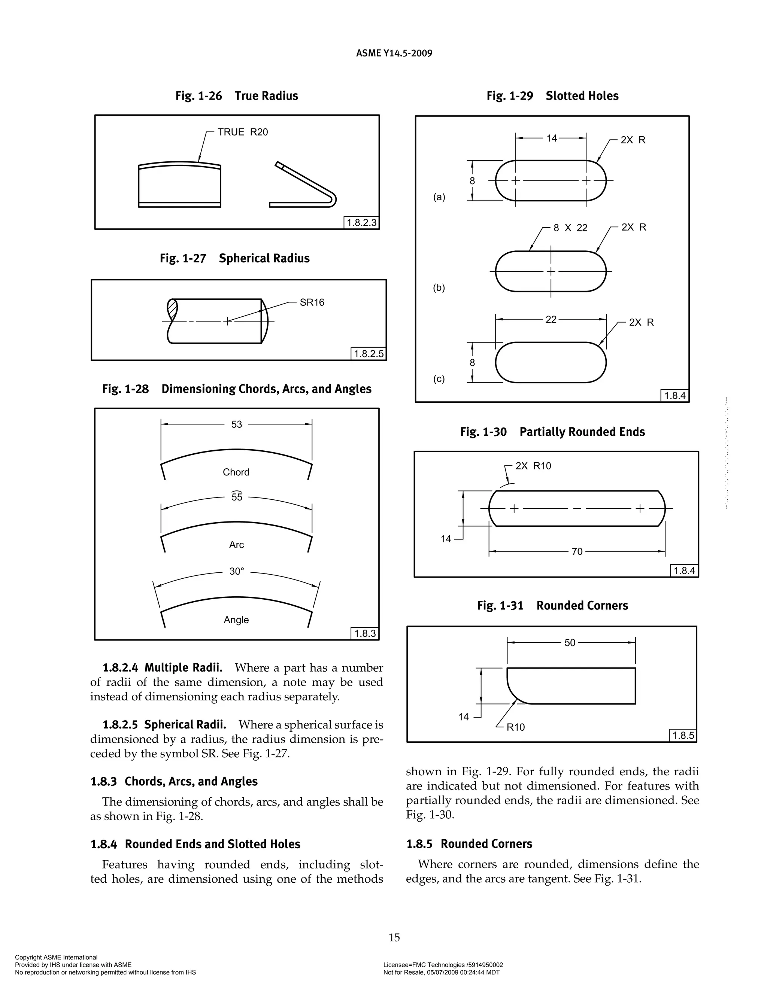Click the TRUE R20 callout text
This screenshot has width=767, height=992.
click(243, 132)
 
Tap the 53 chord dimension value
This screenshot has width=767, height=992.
click(237, 424)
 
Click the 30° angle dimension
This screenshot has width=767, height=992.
click(237, 571)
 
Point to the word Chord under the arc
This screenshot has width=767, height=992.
click(236, 472)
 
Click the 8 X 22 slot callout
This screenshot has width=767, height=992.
click(570, 228)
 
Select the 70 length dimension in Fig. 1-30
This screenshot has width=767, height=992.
click(577, 551)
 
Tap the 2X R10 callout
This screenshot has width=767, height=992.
click(533, 466)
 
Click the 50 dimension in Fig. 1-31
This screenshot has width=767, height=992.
click(570, 643)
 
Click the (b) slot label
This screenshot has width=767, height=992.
click(439, 288)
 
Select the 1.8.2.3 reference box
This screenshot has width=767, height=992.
click(361, 223)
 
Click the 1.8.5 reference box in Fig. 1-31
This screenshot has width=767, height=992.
click(683, 735)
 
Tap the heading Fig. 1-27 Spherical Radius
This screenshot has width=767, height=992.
click(234, 258)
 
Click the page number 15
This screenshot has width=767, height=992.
click(394, 937)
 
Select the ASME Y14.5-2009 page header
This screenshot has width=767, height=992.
click(394, 53)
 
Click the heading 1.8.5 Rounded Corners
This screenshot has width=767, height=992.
click(469, 844)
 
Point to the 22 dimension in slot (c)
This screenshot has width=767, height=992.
click(551, 320)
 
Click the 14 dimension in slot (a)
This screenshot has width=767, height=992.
click(552, 139)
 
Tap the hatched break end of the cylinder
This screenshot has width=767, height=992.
click(172, 311)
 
